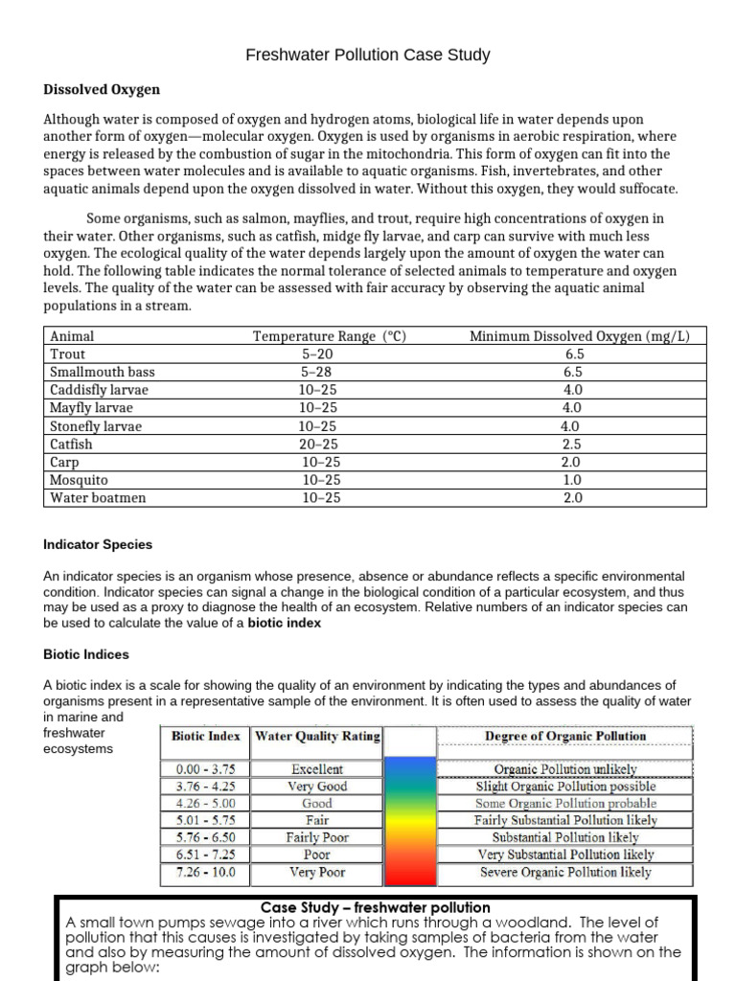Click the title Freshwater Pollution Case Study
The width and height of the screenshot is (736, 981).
pyautogui.click(x=368, y=55)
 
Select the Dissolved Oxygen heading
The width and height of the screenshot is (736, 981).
pyautogui.click(x=102, y=89)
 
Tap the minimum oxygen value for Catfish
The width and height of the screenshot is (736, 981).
pyautogui.click(x=574, y=444)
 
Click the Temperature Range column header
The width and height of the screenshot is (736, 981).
pyautogui.click(x=330, y=336)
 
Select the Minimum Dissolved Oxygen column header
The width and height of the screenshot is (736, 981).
pyautogui.click(x=581, y=336)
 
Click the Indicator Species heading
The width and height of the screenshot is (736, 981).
pyautogui.click(x=98, y=544)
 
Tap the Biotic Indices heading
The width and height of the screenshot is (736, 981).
pyautogui.click(x=86, y=654)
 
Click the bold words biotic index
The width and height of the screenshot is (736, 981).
pyautogui.click(x=285, y=623)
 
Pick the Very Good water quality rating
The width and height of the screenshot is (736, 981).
pyautogui.click(x=318, y=787)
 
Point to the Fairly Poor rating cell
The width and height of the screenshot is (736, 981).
pyautogui.click(x=318, y=837)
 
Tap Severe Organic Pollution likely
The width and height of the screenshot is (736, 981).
pyautogui.click(x=565, y=873)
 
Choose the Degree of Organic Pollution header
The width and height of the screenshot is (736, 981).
pyautogui.click(x=565, y=736)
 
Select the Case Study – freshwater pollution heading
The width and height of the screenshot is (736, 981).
pyautogui.click(x=376, y=907)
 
